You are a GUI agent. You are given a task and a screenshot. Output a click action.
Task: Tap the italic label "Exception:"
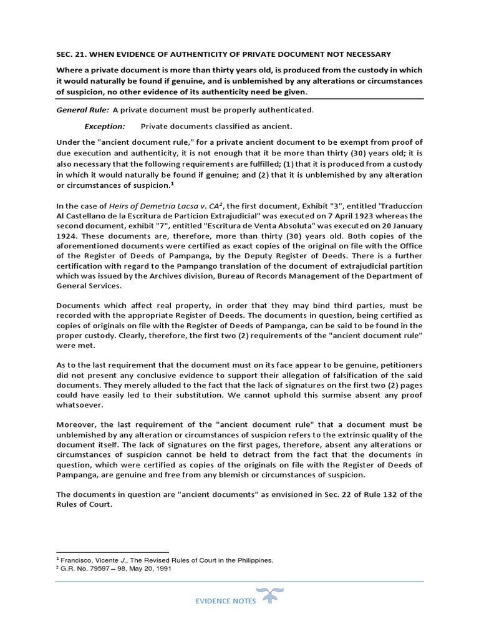tap(105, 126)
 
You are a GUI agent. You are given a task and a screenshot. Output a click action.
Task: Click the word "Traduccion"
tap(399, 205)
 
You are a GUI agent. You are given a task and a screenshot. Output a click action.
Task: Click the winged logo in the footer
tap(269, 597)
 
